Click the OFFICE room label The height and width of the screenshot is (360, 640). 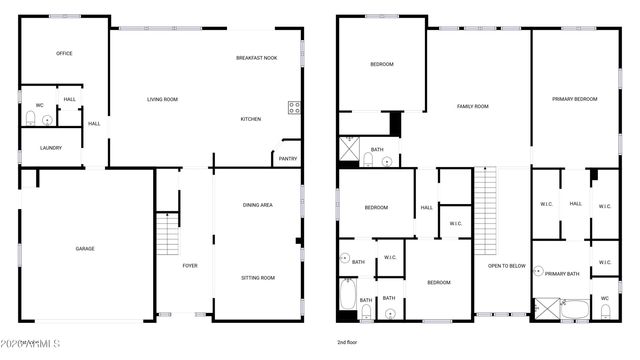(x=64, y=53)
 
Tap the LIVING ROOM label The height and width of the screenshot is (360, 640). (x=162, y=99)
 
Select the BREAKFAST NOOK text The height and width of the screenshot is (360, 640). (x=256, y=58)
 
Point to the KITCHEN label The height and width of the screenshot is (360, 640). (x=250, y=119)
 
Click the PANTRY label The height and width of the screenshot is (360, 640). (x=287, y=158)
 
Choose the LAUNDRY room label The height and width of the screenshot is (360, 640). (x=51, y=148)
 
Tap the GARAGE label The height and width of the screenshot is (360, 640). (x=85, y=248)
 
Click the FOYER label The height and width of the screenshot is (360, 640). (x=189, y=265)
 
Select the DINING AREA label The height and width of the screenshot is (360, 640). (x=258, y=205)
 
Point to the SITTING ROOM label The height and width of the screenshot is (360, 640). (x=258, y=277)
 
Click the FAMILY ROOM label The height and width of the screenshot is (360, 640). (x=472, y=106)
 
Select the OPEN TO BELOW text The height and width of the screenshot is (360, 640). (x=507, y=266)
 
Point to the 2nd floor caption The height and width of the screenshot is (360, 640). (x=348, y=342)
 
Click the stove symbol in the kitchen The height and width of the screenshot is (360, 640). (x=294, y=108)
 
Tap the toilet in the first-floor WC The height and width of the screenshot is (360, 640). (x=31, y=120)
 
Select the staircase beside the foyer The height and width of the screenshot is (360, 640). (x=167, y=236)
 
